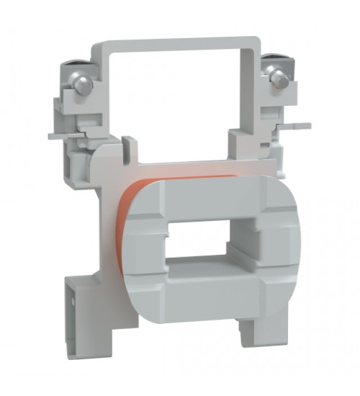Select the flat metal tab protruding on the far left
pyautogui.click(x=58, y=135)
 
